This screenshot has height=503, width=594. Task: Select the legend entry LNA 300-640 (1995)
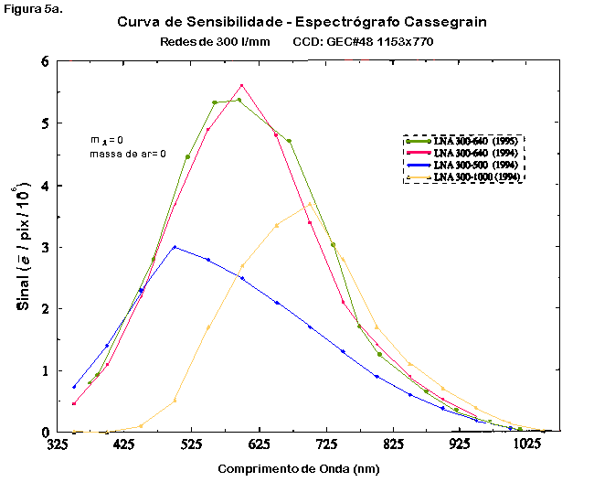tap(475, 141)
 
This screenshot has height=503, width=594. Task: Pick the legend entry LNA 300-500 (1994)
tap(475, 164)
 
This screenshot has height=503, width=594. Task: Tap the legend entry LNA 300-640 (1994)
tap(475, 153)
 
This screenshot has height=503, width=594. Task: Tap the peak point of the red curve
tap(241, 85)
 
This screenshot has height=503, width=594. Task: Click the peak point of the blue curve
tap(175, 247)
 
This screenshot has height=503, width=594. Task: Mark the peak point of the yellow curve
tap(310, 204)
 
